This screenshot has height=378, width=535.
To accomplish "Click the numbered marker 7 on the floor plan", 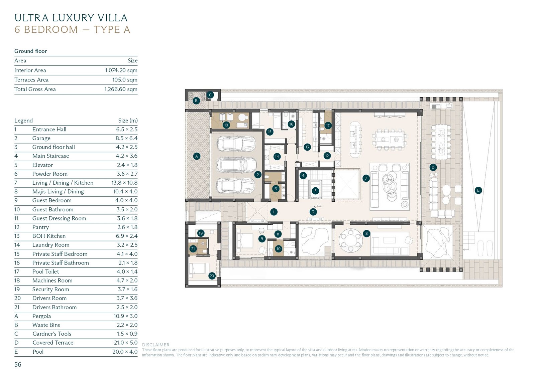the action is tap(366, 178).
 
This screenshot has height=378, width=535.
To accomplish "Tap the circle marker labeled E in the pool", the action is tap(478, 190).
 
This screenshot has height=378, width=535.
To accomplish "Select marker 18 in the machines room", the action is tap(226, 125).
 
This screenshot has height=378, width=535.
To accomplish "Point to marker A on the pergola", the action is tap(197, 156).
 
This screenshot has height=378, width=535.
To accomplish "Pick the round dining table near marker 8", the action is tap(350, 241).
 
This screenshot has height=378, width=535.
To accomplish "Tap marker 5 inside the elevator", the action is tap(316, 191).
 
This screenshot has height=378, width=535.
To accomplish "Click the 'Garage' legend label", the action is tap(41, 138).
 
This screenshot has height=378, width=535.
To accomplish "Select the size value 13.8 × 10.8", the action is tap(124, 183).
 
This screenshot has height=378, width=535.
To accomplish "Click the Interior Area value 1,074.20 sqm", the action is tap(121, 70).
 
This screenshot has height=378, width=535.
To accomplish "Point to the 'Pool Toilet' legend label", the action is tap(45, 271).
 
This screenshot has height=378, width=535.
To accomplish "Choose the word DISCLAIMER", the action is tap(156, 345).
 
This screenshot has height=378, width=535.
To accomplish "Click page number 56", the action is tap(18, 364).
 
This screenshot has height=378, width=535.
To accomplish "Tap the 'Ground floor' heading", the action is tap(30, 51).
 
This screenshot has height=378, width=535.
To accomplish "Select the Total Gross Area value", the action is tap(121, 89).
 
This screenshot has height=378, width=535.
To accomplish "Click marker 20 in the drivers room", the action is tap(212, 276).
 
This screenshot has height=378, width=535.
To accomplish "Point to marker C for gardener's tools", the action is tap(210, 95).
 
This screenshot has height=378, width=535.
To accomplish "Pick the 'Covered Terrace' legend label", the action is tap(53, 343).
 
